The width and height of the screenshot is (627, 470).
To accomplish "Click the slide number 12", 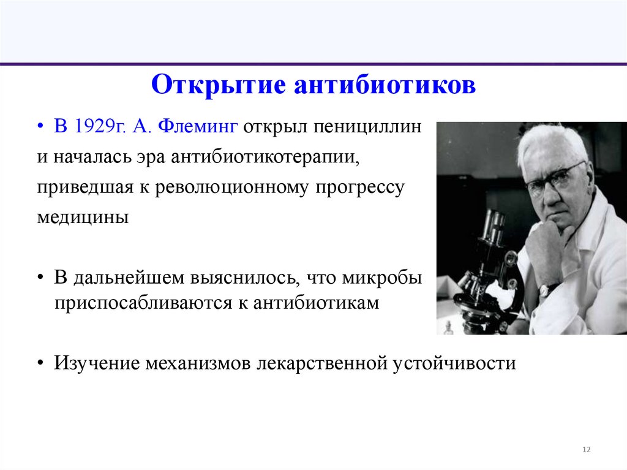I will (586, 450).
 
